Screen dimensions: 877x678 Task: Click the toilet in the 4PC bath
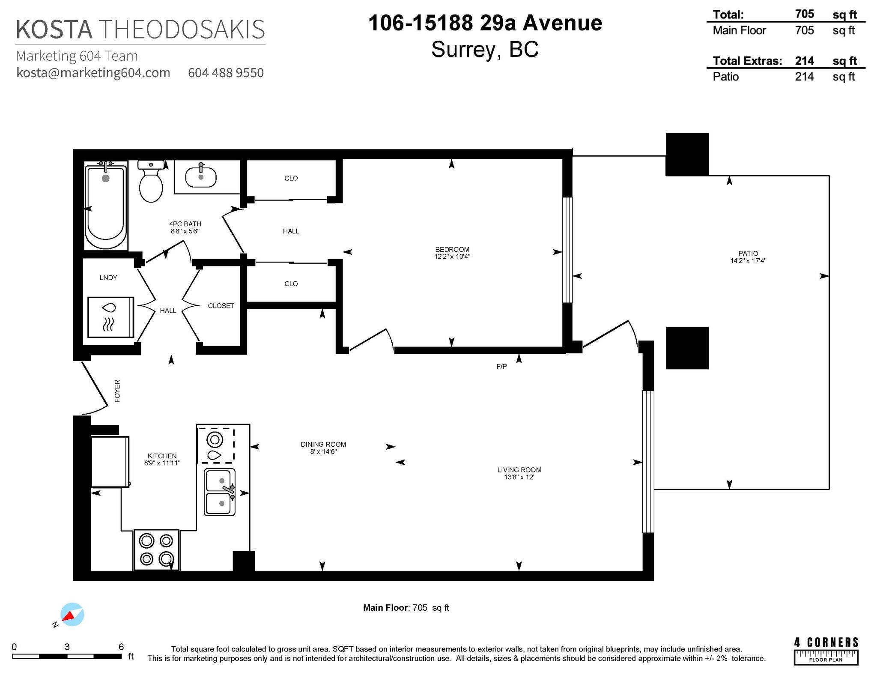tap(151, 181)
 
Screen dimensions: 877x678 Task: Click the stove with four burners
tap(156, 550)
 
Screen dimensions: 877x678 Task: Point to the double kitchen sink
tap(220, 492)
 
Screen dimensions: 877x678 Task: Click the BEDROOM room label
tap(452, 249)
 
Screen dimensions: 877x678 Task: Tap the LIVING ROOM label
tap(519, 470)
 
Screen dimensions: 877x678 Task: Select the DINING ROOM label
tap(323, 445)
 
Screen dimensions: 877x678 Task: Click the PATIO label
tap(748, 254)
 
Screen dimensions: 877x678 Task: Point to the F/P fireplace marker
tap(501, 367)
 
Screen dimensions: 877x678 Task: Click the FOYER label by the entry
tap(117, 391)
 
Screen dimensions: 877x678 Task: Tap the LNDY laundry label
tap(108, 278)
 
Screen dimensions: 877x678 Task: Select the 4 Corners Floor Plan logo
tap(826, 651)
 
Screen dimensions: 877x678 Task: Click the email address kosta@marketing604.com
tap(93, 73)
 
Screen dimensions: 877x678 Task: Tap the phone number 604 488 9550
tap(226, 73)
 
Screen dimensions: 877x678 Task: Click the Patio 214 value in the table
tap(804, 77)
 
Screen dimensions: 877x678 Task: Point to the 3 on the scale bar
tap(67, 647)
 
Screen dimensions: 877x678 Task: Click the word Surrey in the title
tap(462, 50)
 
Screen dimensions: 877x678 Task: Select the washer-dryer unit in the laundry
tap(110, 317)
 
